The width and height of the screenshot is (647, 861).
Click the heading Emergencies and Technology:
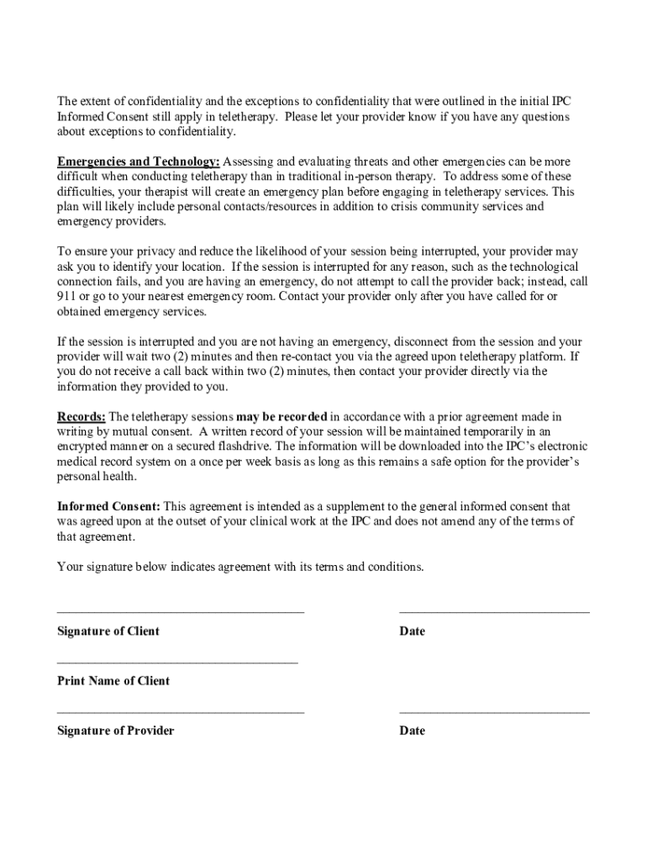coord(139,161)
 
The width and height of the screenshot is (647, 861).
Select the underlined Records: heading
coord(82,417)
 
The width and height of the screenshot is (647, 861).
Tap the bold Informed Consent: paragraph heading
coord(108,507)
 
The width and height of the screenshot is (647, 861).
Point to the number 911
coord(66,297)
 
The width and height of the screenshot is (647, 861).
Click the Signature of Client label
coord(108,631)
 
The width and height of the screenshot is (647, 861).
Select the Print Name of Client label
coord(113,681)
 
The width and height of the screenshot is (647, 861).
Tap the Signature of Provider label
coord(115,731)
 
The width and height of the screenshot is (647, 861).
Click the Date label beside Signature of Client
coord(412,631)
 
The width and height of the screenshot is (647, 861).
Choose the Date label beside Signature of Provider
coord(412,731)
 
